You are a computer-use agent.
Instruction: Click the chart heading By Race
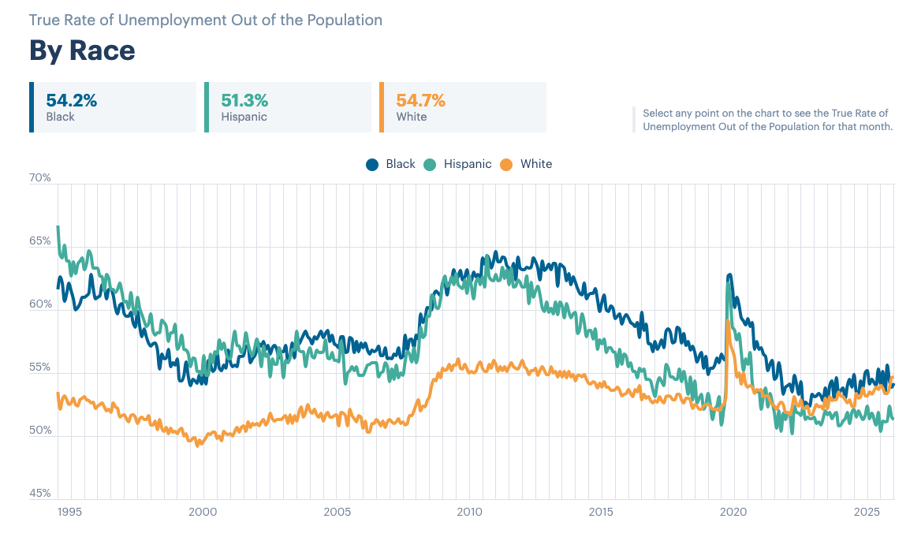(x=82, y=50)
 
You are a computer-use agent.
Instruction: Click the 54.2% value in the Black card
(x=72, y=100)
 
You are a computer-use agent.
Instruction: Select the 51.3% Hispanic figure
(x=244, y=100)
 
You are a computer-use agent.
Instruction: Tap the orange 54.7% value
(x=420, y=100)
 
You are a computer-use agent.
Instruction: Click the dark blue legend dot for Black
(x=372, y=165)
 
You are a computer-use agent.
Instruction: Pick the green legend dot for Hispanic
(x=430, y=165)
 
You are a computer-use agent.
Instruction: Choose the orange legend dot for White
(x=506, y=165)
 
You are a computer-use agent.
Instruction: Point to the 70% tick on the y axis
(x=40, y=177)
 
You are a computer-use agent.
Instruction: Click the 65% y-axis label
(x=40, y=241)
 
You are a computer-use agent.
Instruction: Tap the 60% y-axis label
(x=40, y=304)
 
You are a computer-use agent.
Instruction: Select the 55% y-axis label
(x=40, y=367)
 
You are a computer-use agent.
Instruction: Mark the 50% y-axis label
(x=40, y=430)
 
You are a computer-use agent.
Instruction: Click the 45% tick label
(x=40, y=494)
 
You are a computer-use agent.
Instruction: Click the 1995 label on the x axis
(x=69, y=512)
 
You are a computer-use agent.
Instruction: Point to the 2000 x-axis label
(x=203, y=512)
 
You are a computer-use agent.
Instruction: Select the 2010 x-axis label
(x=469, y=512)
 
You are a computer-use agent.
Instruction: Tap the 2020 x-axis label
(x=733, y=512)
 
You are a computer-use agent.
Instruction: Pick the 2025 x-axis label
(x=867, y=512)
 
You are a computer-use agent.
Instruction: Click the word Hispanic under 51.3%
(x=244, y=117)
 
